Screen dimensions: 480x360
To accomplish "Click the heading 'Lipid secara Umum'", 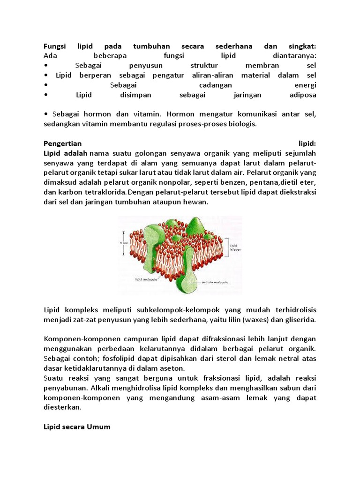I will (x=77, y=427).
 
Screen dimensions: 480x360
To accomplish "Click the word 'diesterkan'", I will (x=62, y=407).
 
